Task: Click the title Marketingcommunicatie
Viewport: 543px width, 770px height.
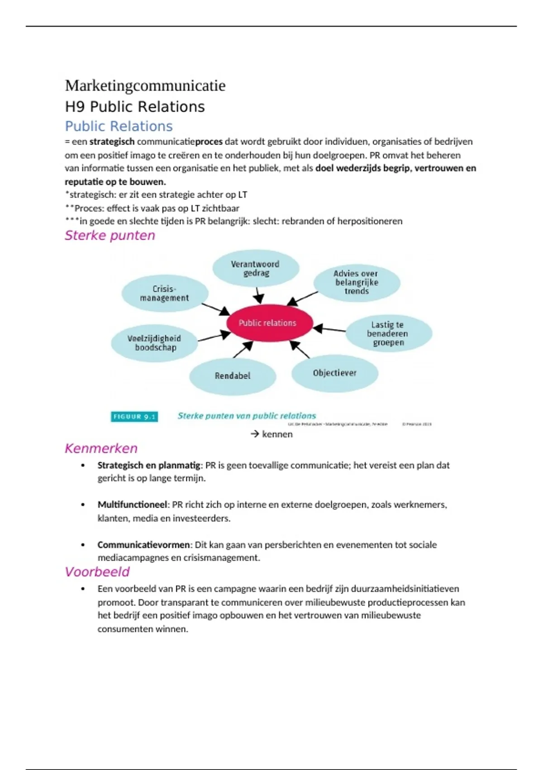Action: pos(145,86)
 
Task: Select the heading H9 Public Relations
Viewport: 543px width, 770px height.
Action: pos(135,107)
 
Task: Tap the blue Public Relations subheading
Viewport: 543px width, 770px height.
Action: pos(119,126)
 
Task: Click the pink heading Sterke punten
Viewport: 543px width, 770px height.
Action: pos(110,236)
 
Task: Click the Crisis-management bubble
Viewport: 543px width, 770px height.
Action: pos(165,294)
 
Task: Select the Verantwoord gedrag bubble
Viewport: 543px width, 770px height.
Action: pos(256,269)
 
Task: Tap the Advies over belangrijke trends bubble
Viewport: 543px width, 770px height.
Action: pos(357,282)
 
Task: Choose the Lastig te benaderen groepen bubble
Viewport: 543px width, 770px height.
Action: pos(388,333)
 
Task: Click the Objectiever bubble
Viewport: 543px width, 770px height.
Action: pos(334,373)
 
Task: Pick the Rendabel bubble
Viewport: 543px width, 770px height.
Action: pos(233,376)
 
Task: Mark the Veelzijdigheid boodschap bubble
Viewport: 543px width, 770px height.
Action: pos(154,343)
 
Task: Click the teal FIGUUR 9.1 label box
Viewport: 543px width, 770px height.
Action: pos(134,417)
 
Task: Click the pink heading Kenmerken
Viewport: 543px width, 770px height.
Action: pos(101,448)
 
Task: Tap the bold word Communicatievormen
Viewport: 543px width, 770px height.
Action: pos(143,545)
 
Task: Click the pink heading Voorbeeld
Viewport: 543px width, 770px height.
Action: pos(97,572)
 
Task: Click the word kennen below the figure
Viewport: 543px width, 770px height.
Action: pos(277,434)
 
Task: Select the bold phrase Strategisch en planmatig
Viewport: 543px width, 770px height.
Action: pos(148,465)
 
